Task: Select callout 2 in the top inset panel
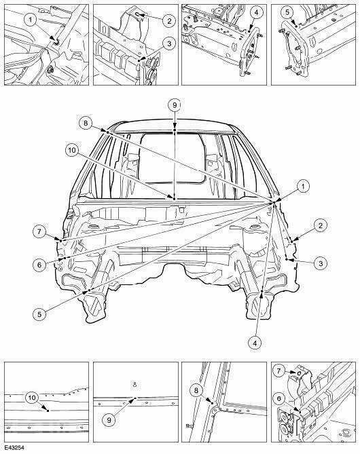pyautogui.click(x=168, y=20)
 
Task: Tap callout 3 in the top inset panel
pyautogui.click(x=169, y=43)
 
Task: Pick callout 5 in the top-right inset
pyautogui.click(x=287, y=12)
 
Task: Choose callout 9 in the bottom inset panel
pyautogui.click(x=109, y=419)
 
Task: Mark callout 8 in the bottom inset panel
pyautogui.click(x=196, y=391)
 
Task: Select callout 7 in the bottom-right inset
pyautogui.click(x=279, y=371)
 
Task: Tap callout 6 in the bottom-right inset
pyautogui.click(x=279, y=399)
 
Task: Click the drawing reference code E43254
pyautogui.click(x=14, y=448)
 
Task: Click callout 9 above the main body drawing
pyautogui.click(x=174, y=105)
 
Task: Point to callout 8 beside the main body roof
pyautogui.click(x=85, y=124)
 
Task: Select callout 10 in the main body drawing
pyautogui.click(x=72, y=150)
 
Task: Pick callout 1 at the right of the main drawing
pyautogui.click(x=303, y=187)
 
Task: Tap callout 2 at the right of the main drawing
pyautogui.click(x=321, y=225)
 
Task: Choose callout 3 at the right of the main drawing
pyautogui.click(x=321, y=263)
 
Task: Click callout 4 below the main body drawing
pyautogui.click(x=255, y=343)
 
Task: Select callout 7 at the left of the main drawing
pyautogui.click(x=39, y=231)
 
